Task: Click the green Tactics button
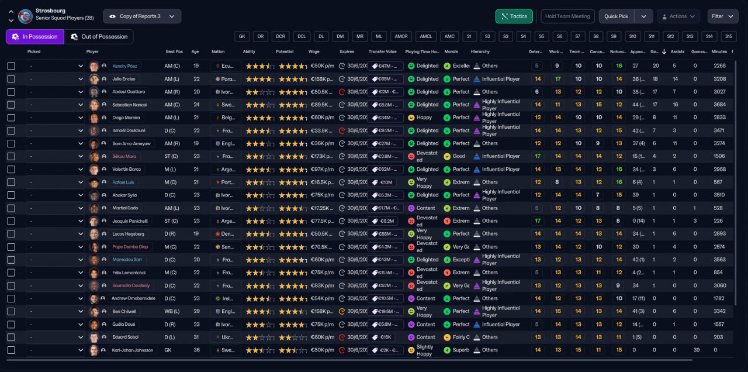click(514, 16)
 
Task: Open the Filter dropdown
click(723, 16)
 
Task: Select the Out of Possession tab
click(99, 37)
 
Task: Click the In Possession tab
click(35, 37)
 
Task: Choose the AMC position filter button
click(449, 36)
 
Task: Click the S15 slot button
click(728, 36)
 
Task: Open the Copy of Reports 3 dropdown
click(142, 16)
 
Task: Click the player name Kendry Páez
click(124, 66)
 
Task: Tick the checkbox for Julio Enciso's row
click(11, 79)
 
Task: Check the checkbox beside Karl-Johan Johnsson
click(11, 350)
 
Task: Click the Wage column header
click(314, 51)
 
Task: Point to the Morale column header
click(451, 51)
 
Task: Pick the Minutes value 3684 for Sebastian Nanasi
click(719, 105)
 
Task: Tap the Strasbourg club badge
click(25, 16)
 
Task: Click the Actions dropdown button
click(678, 16)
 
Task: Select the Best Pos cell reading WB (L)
click(172, 311)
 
